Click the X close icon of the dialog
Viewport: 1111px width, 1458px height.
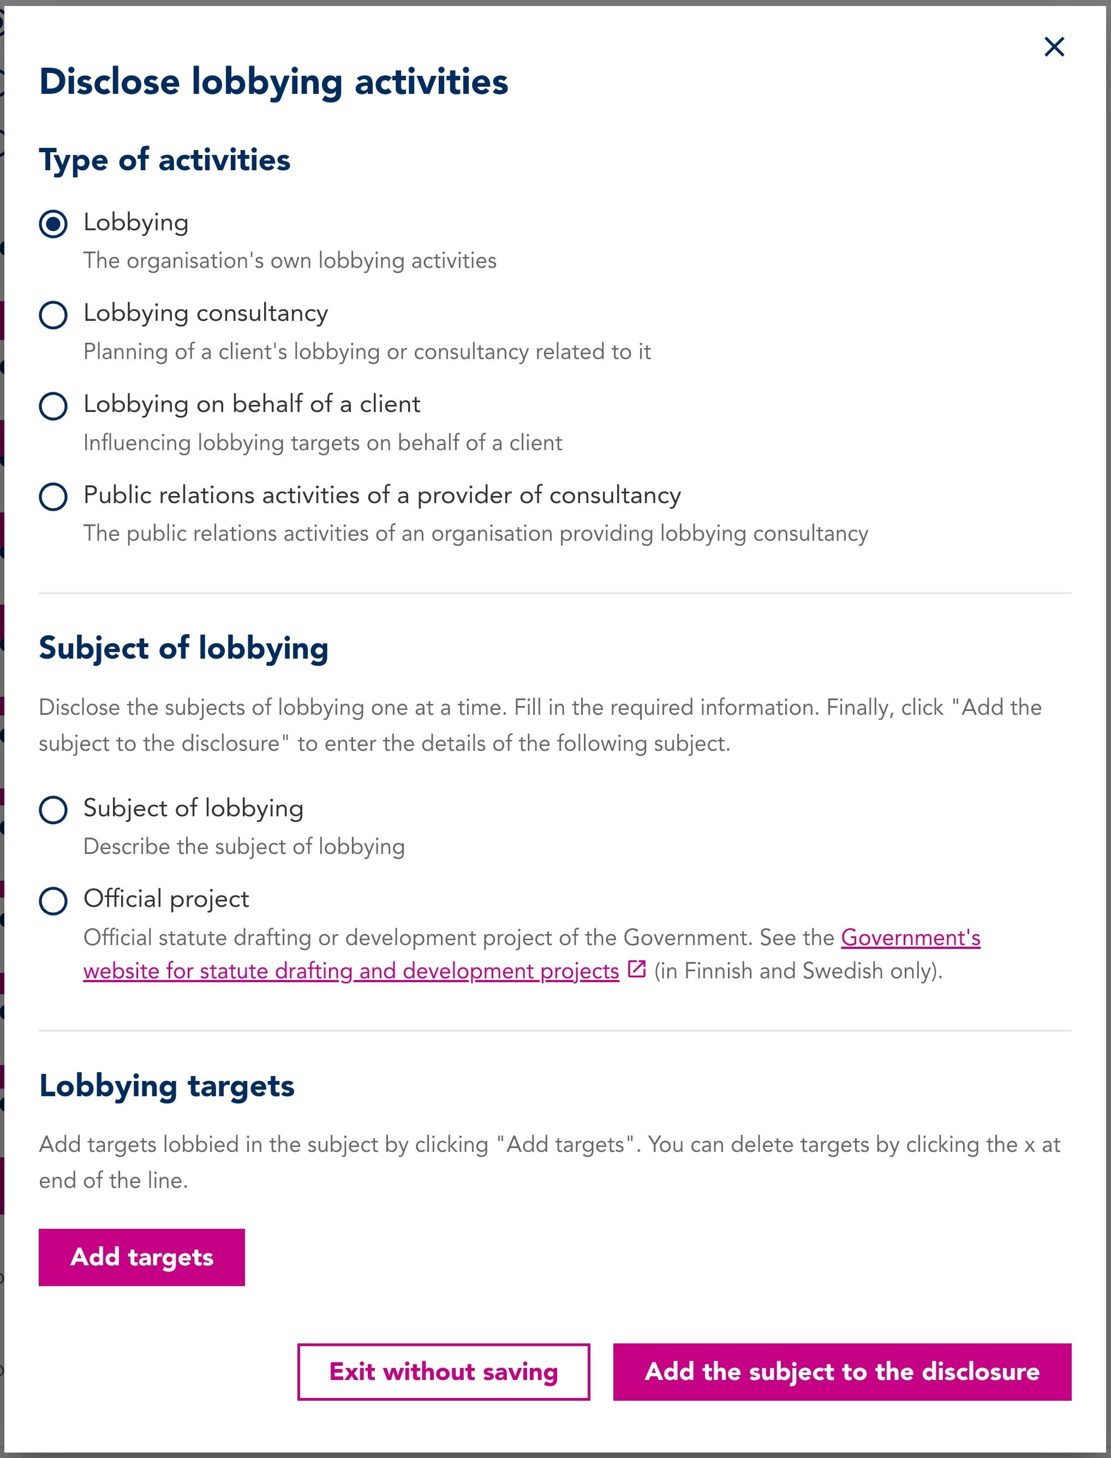[1054, 47]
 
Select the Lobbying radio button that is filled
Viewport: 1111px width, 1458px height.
[53, 224]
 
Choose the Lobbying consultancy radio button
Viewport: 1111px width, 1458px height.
[53, 315]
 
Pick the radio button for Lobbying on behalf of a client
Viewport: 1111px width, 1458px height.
[53, 405]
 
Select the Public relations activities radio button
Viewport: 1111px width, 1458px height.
[53, 497]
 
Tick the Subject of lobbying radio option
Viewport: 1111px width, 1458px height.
[53, 809]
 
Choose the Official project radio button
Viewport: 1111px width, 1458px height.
[53, 900]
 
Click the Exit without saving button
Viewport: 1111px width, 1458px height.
[443, 1371]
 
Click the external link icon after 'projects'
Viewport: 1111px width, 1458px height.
[636, 969]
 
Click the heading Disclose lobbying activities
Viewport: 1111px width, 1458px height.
[273, 82]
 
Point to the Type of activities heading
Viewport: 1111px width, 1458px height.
[165, 160]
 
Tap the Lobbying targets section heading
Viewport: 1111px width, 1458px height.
[166, 1086]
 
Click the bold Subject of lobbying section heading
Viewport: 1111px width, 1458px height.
[183, 648]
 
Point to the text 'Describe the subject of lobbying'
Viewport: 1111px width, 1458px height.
[244, 846]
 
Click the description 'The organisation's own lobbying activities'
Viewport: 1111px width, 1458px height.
[290, 260]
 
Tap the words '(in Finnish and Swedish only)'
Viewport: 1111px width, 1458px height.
[798, 971]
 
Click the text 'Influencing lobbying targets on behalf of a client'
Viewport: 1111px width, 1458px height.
[322, 443]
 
